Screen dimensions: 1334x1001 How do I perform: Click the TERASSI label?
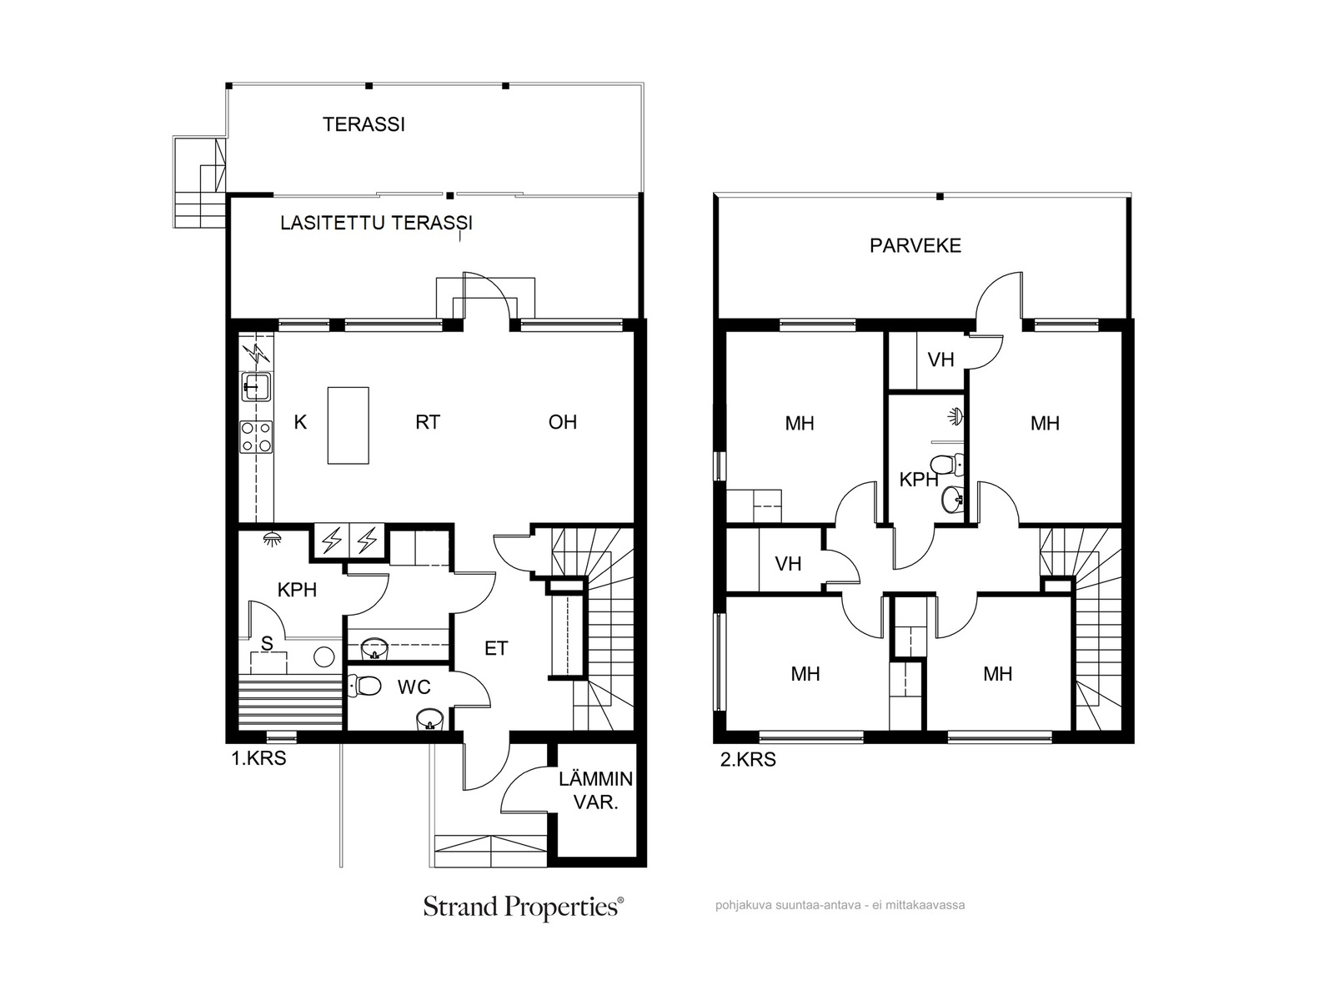coord(364,124)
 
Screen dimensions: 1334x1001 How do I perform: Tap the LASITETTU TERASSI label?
coord(376,223)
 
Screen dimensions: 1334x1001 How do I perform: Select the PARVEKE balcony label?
coord(915,245)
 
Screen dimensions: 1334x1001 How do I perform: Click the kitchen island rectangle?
coord(348,425)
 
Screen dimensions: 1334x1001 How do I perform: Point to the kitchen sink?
coord(257,386)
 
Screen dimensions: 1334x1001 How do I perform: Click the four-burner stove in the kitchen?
coord(256,437)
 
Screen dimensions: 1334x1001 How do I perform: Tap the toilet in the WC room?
coord(364,687)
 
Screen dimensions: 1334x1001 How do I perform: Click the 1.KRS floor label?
coord(258,758)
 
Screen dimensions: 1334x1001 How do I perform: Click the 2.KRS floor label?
coord(748,760)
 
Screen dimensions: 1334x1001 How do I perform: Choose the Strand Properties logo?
coord(524,907)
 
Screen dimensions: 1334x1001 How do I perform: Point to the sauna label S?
coord(267,643)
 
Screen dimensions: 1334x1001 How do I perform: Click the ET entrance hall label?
coord(496,648)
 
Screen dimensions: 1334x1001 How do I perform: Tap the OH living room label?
coord(562,422)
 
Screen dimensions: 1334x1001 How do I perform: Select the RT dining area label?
coord(427,422)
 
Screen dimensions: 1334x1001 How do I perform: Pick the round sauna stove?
coord(324,656)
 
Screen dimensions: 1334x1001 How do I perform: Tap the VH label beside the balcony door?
coord(940,360)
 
